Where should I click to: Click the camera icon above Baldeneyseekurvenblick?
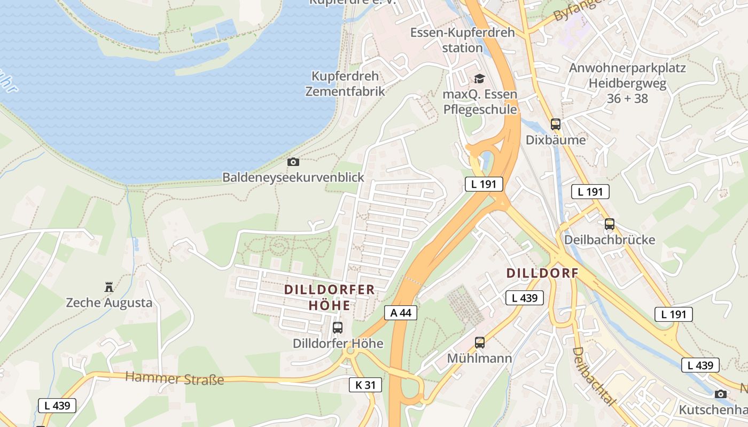coord(293,162)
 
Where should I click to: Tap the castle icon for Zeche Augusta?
coord(109,288)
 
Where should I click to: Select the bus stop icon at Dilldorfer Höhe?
coord(338,328)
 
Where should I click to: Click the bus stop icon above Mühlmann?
coord(480,343)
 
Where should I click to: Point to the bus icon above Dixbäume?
coord(556,124)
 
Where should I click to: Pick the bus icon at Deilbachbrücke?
coord(610,224)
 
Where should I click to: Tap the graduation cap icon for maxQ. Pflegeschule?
coord(479,79)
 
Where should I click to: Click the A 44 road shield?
coord(401,313)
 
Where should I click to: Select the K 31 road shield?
coord(365,384)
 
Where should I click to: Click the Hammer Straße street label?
coord(174,379)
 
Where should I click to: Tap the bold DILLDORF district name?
coord(542,273)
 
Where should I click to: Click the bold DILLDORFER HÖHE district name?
coord(330,297)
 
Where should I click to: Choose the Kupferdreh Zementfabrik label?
coord(345,83)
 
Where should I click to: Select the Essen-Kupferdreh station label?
coord(463,40)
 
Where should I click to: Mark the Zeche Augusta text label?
coord(109,303)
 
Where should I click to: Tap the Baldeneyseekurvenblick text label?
coord(293,177)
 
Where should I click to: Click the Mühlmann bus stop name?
coord(480,358)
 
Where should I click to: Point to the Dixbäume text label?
coord(556,140)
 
